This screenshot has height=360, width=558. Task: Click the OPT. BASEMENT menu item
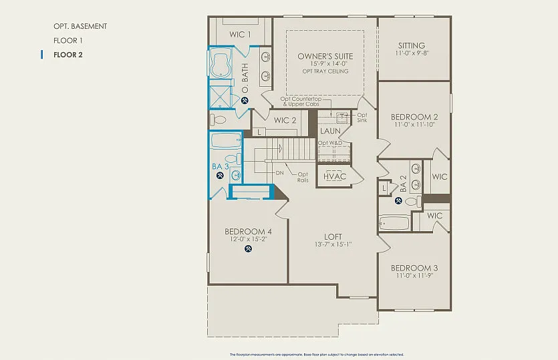[80, 26]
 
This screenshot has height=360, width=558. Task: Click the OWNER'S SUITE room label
[325, 56]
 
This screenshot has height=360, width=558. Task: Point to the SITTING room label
[412, 45]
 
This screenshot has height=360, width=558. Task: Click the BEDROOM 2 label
[414, 117]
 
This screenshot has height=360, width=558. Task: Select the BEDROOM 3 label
[414, 267]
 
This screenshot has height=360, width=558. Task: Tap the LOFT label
[333, 236]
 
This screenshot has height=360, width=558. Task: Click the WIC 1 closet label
[240, 34]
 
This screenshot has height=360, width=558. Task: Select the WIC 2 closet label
[285, 120]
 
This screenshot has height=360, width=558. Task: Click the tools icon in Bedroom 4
[249, 250]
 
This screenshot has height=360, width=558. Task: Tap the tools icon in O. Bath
[245, 101]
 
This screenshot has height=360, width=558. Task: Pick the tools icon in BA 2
[398, 200]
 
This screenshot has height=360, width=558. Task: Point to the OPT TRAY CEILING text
[325, 71]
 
